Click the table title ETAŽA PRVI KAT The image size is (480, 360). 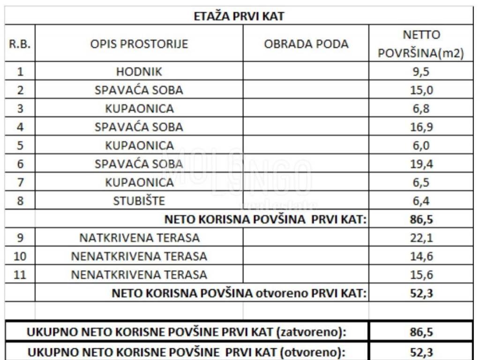(x=240, y=16)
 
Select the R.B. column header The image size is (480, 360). (x=20, y=44)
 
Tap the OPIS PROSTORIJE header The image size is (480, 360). (x=139, y=44)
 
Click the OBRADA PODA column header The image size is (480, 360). (x=306, y=44)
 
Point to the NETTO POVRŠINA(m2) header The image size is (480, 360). (x=421, y=44)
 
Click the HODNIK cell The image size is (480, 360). (x=139, y=72)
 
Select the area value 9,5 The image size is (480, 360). (x=421, y=72)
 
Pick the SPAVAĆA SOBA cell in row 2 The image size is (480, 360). (x=139, y=90)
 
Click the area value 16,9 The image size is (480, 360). (x=421, y=127)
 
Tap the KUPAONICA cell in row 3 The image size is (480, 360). (x=139, y=108)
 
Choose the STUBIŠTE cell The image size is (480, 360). (x=139, y=201)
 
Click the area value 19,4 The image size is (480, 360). (x=421, y=164)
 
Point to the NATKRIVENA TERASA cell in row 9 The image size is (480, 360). (x=139, y=238)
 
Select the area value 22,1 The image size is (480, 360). (x=421, y=238)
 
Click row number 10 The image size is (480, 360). (x=20, y=256)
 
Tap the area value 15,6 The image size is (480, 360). (x=421, y=275)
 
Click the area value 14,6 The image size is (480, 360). (x=421, y=256)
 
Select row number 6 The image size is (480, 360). (x=20, y=164)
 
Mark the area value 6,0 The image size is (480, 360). (x=421, y=145)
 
